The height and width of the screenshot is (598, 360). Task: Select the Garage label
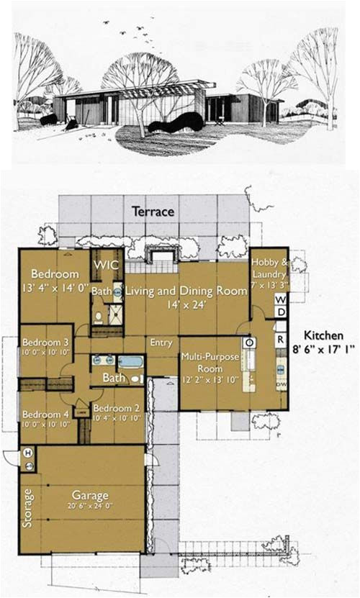[x=90, y=496]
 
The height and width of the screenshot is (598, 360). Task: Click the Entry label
[x=161, y=343]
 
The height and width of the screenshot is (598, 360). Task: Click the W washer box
[x=281, y=299]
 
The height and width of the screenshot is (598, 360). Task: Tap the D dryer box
[x=281, y=312]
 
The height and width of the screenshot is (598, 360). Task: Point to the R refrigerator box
[x=281, y=337]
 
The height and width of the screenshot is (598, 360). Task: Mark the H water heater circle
[x=29, y=453]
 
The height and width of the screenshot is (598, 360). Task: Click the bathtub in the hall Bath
[x=130, y=362]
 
